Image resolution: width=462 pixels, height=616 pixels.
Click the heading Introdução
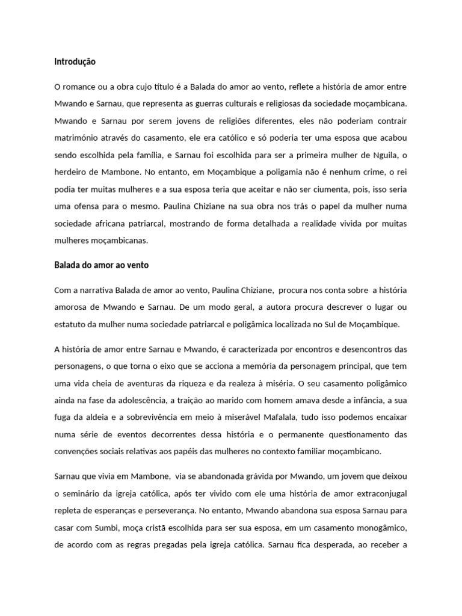[75, 61]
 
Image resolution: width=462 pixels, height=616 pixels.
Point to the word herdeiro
[72, 155]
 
